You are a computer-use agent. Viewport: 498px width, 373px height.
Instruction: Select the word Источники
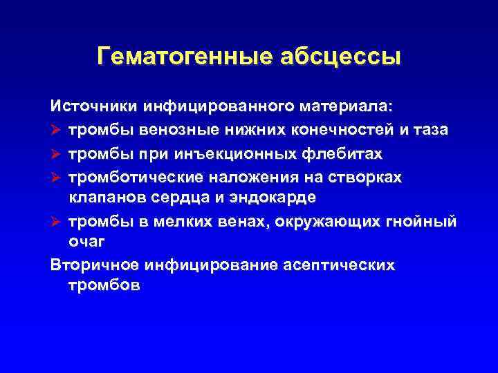[x=93, y=107]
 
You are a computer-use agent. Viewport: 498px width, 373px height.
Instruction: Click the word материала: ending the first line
[x=347, y=107]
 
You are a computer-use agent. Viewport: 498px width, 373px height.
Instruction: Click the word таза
[x=432, y=130]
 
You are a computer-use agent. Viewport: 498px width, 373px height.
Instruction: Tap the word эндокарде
[x=278, y=198]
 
